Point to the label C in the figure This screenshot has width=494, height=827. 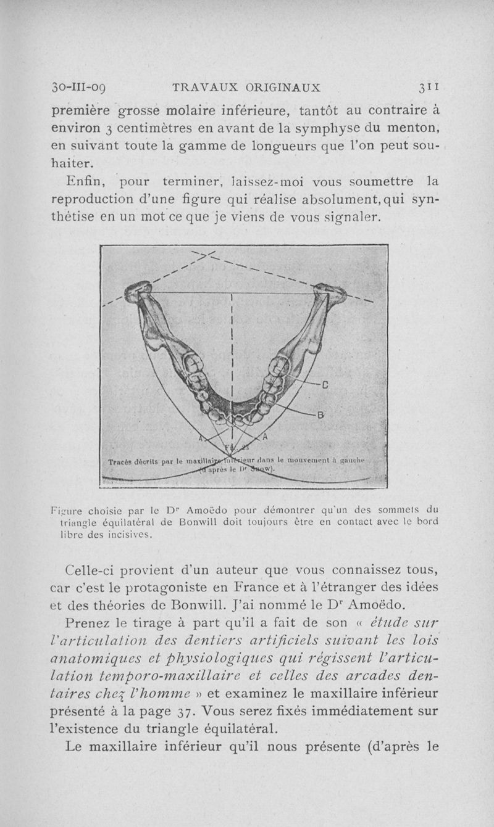coord(324,387)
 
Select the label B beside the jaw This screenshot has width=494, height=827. coord(320,415)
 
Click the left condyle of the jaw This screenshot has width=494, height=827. coord(138,289)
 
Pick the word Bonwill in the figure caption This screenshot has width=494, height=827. coord(179,522)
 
